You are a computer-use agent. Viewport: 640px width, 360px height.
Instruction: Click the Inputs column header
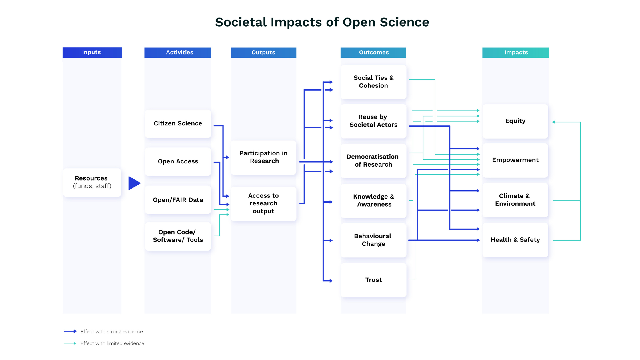tap(92, 53)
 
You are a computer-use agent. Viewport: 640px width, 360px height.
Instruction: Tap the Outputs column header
tap(263, 53)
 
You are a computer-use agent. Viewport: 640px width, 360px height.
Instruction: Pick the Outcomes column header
tap(373, 53)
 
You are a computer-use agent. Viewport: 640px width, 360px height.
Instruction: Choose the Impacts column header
tap(515, 53)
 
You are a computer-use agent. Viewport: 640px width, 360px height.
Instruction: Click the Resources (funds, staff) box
tap(92, 182)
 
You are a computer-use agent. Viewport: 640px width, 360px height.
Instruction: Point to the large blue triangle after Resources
tap(134, 183)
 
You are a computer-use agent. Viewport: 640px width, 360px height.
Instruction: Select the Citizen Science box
tap(178, 124)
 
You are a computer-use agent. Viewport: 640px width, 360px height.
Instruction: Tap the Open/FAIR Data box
tap(178, 200)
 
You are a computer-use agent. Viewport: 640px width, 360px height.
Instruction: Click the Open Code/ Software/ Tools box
tap(178, 236)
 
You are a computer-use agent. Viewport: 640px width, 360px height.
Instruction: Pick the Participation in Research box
tap(263, 157)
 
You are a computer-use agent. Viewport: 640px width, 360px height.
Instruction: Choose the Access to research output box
tap(263, 203)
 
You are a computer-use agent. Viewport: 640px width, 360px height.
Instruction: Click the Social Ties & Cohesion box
tap(373, 82)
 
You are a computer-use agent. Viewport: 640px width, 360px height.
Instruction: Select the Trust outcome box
tap(373, 280)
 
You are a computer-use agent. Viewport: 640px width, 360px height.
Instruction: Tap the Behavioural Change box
tap(373, 240)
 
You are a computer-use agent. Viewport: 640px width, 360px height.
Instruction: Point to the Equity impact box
tap(515, 121)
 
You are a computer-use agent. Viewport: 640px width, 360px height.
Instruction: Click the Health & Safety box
tap(515, 240)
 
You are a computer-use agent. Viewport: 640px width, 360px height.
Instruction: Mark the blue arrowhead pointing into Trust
tap(331, 281)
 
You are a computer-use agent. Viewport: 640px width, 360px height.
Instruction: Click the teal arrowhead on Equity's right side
tap(554, 122)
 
